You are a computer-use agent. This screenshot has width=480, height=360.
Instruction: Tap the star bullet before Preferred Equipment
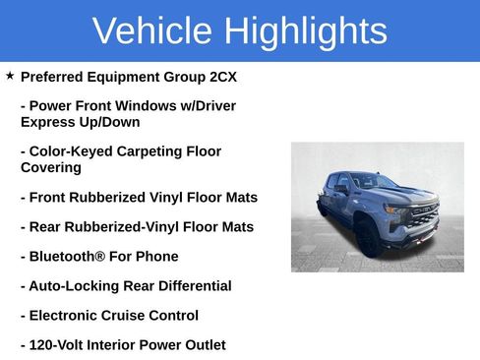click(10, 76)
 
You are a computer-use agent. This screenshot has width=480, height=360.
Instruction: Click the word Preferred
click(54, 77)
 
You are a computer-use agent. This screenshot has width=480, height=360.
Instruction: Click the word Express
click(47, 122)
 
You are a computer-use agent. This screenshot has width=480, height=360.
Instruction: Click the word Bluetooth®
click(67, 257)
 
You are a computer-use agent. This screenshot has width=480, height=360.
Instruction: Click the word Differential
click(193, 286)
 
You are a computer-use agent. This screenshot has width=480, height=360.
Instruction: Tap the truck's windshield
click(370, 183)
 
